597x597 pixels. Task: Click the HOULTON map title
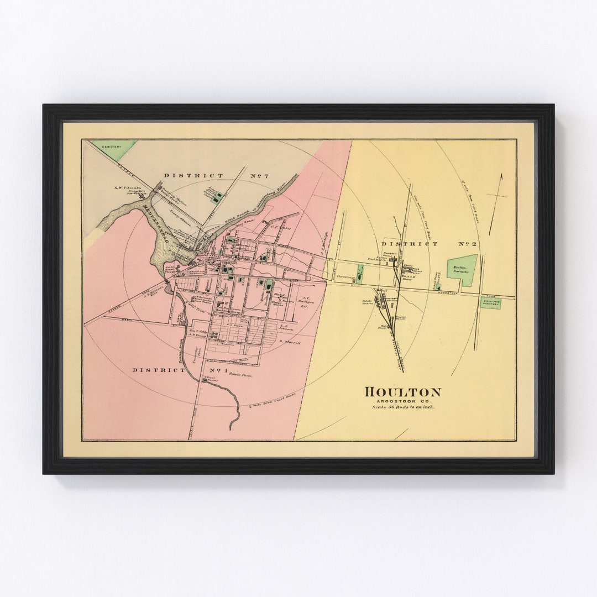403,392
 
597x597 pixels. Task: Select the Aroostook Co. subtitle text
403,400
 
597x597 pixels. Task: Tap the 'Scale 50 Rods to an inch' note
403,407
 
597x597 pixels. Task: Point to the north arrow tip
502,175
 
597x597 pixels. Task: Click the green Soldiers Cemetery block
490,303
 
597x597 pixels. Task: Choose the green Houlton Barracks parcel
462,270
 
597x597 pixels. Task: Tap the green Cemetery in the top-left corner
114,148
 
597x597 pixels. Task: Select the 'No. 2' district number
468,243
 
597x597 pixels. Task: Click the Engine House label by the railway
400,318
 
